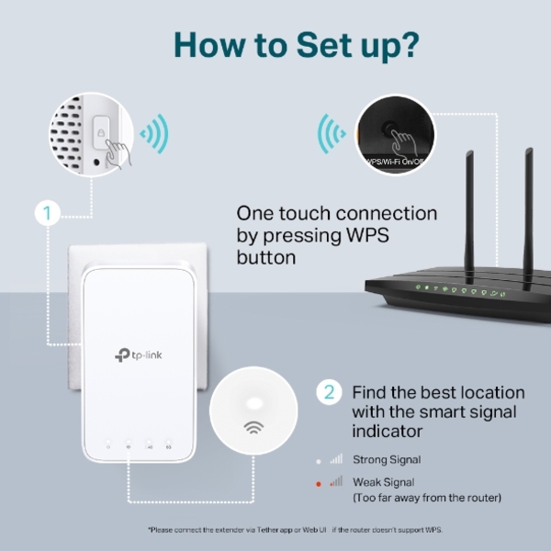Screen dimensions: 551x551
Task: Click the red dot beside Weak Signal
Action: coord(319,482)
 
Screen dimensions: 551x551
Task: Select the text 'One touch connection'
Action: coord(336,213)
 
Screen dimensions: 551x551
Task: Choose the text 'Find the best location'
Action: coord(438,393)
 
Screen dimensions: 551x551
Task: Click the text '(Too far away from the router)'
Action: coord(428,498)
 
